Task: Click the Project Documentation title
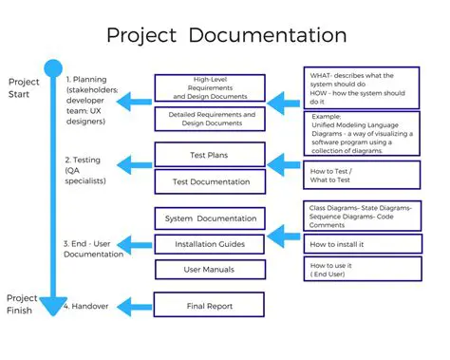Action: tap(226, 36)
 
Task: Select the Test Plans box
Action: tap(209, 154)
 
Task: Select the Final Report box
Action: tap(209, 306)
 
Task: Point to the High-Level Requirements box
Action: tap(209, 87)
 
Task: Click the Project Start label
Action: tap(24, 87)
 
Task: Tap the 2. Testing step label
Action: tap(85, 170)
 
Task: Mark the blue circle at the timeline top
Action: tap(52, 68)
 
